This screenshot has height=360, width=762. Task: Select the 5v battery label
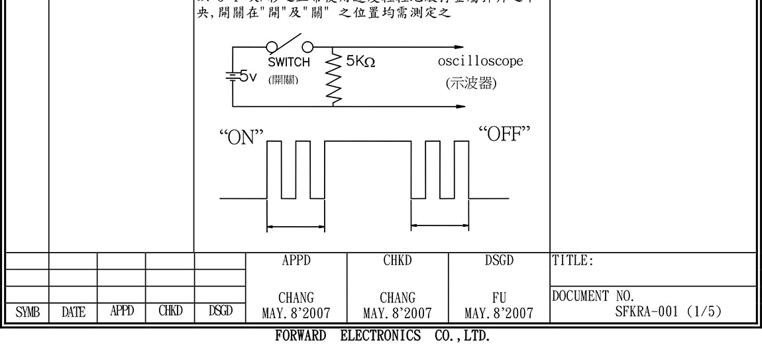tap(245, 77)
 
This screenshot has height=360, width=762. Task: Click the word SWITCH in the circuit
tap(289, 63)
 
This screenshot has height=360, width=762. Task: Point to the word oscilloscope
tap(480, 61)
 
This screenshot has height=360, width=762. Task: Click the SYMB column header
tap(25, 311)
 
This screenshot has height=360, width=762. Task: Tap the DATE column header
tap(73, 311)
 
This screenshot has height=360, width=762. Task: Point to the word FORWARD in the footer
tap(300, 336)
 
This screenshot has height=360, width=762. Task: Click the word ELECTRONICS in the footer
tap(380, 336)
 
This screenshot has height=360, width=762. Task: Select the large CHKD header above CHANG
tap(398, 261)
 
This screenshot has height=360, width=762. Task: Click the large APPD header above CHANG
tap(296, 261)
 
